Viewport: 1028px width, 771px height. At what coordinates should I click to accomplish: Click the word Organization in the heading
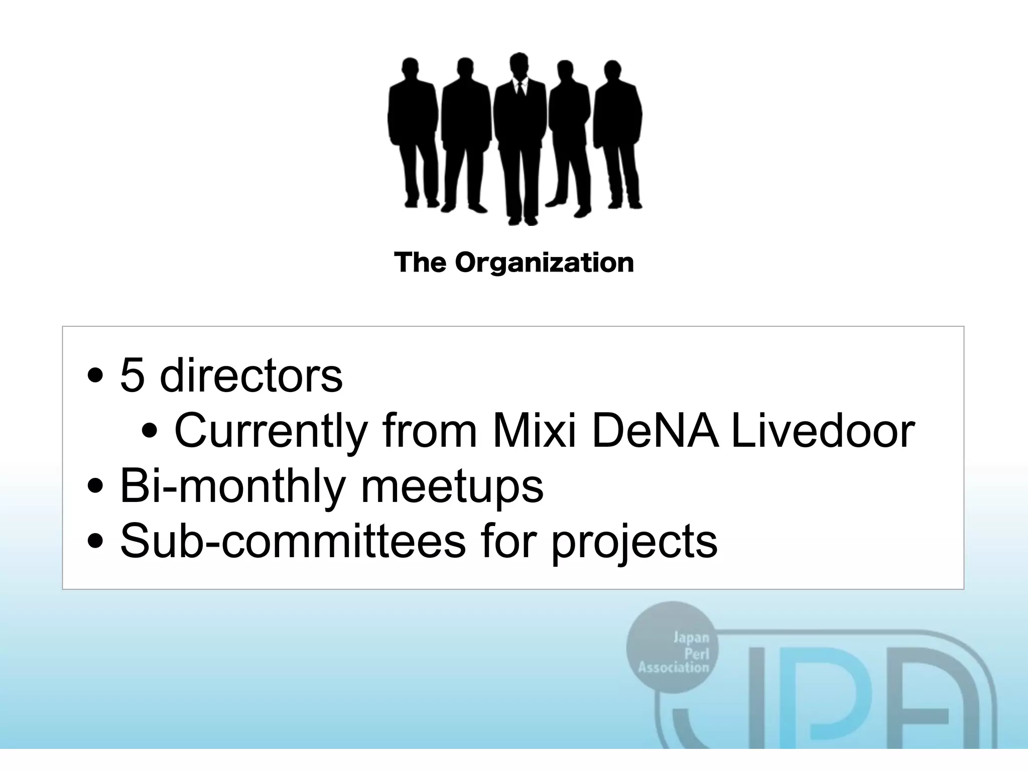click(x=545, y=263)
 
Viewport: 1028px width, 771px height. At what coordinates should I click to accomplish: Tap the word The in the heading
click(x=420, y=262)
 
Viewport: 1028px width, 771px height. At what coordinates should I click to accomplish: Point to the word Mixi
click(x=534, y=431)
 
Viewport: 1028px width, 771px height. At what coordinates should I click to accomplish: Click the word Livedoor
click(x=822, y=431)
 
